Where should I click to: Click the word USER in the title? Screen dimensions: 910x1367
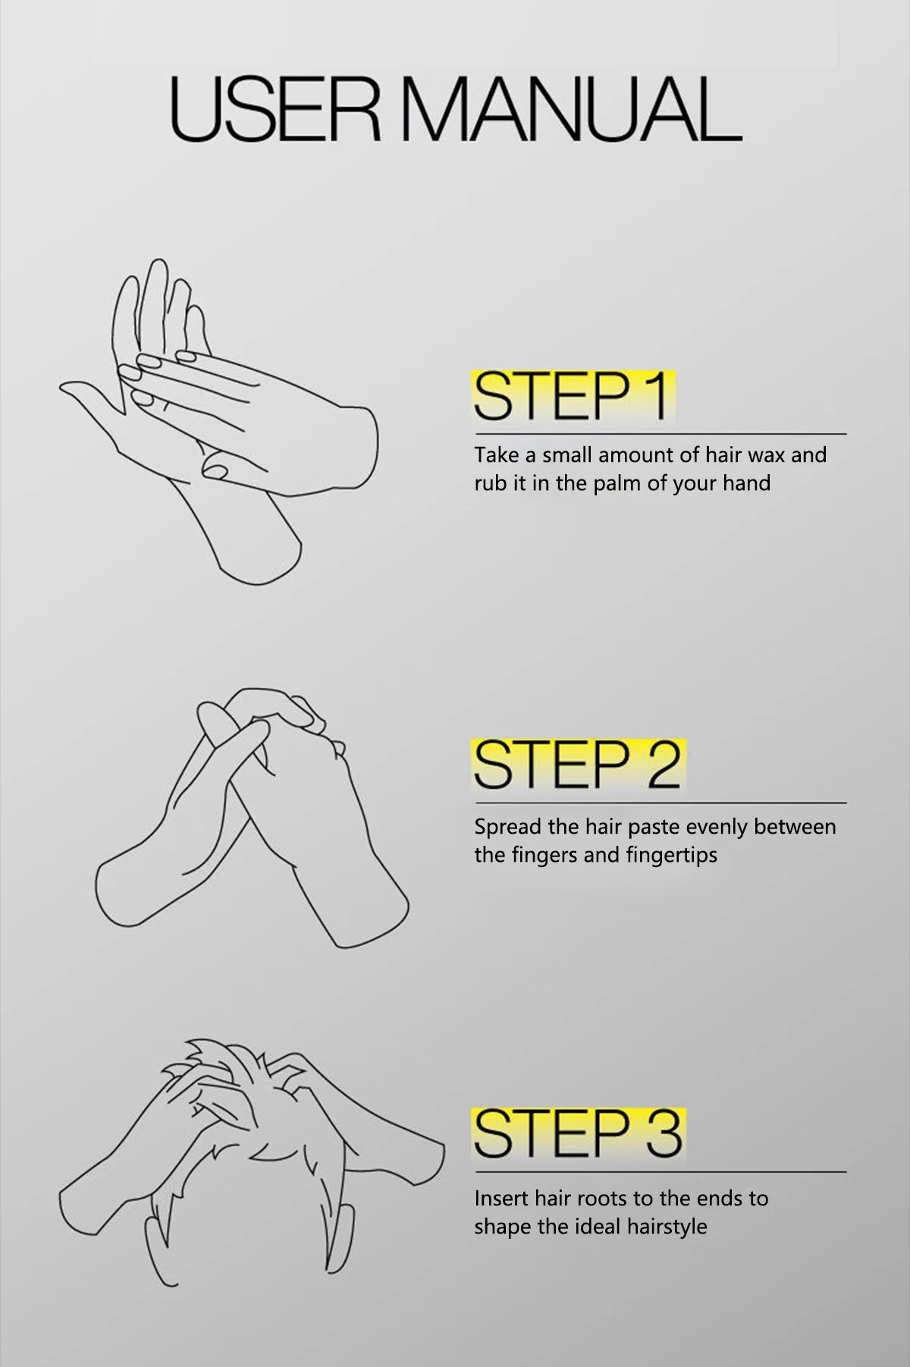point(274,108)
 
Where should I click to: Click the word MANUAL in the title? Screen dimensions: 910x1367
point(570,108)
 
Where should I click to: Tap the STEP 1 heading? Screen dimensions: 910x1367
point(573,395)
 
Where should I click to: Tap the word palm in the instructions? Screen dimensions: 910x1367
point(617,483)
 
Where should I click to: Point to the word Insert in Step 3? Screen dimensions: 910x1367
point(501,1199)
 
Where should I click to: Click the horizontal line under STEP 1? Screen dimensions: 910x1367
point(661,435)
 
